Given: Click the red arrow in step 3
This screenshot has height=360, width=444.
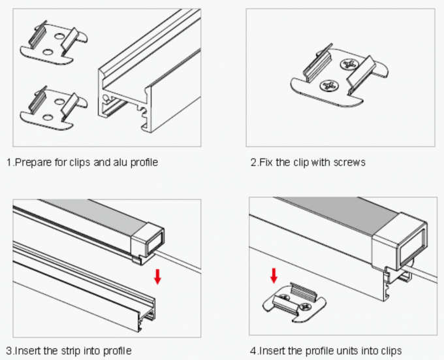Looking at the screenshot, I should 157,275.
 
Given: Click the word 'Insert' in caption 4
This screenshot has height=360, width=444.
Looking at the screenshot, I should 271,351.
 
